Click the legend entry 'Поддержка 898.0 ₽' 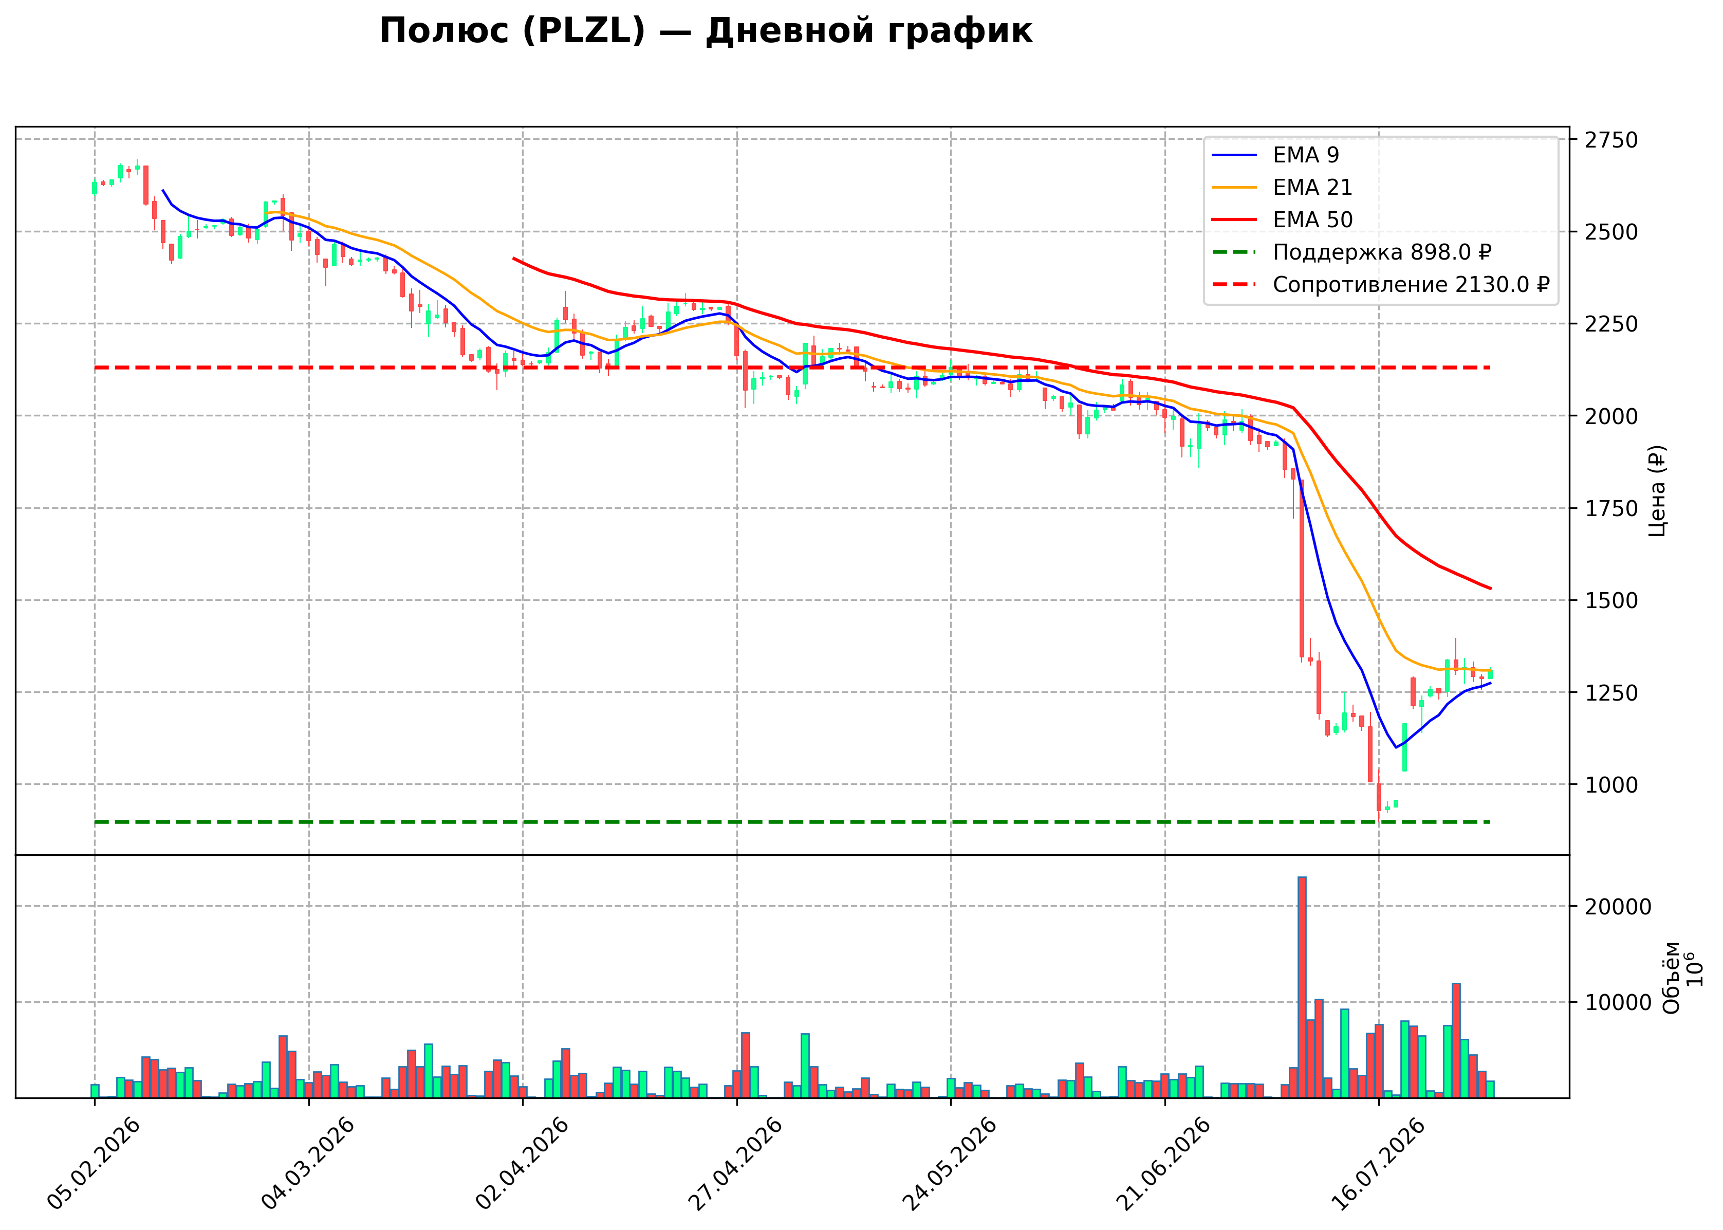coord(1351,252)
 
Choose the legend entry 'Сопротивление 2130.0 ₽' coord(1381,285)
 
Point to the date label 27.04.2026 coord(735,1163)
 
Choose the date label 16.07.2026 coord(1377,1163)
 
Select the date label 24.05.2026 coord(949,1163)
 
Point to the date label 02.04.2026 coord(522,1163)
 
